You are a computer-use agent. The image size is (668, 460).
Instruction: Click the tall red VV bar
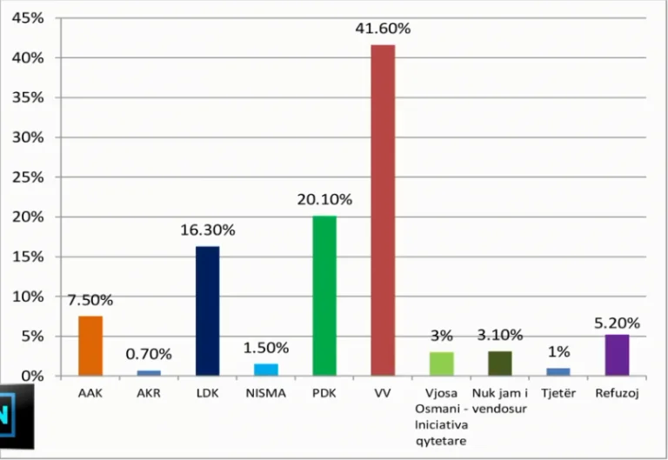click(383, 210)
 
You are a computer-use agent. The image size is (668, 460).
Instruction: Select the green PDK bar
click(324, 296)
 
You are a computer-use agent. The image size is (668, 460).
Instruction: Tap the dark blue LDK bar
click(208, 311)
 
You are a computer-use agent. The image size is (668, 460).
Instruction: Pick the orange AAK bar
click(90, 346)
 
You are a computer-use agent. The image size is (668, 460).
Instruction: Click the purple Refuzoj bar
click(617, 356)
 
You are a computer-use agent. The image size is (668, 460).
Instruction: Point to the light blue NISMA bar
click(266, 370)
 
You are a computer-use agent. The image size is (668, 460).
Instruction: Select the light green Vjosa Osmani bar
click(441, 364)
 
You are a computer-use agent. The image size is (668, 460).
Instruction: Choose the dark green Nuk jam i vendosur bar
click(500, 363)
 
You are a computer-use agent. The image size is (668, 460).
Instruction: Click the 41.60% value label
click(383, 29)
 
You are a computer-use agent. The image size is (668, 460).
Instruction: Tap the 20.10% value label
click(324, 199)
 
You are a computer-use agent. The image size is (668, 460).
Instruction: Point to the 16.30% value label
click(208, 230)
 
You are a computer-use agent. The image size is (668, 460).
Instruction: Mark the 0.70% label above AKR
click(149, 354)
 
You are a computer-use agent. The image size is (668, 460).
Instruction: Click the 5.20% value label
click(617, 323)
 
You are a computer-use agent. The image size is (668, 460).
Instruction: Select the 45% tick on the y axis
click(28, 18)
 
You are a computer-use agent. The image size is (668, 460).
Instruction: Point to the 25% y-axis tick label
click(28, 177)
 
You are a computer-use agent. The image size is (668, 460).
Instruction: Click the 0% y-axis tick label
click(32, 377)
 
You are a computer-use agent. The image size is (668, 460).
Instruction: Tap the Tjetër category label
click(558, 393)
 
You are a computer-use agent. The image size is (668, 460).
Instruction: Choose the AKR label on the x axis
click(149, 393)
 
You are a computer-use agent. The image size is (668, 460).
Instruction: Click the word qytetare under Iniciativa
click(441, 441)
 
